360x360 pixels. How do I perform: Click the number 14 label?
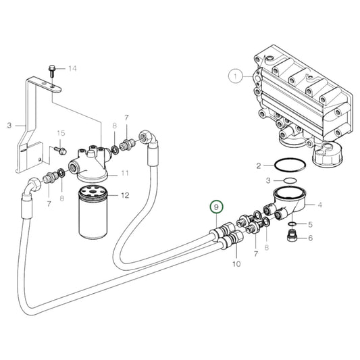(73, 69)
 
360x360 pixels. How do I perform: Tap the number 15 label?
(61, 133)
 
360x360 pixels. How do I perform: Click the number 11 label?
(124, 174)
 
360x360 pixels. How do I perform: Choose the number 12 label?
(124, 196)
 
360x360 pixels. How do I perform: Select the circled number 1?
(234, 77)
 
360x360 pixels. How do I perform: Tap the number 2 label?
(259, 165)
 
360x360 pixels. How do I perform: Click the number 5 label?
(310, 224)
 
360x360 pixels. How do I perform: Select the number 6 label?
(310, 238)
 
